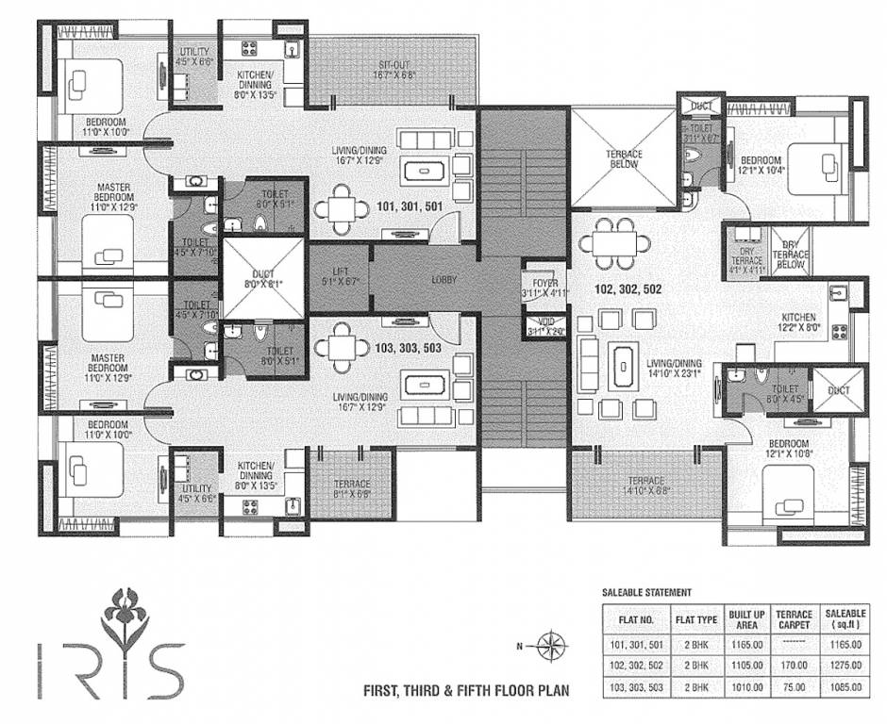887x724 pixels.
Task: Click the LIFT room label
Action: point(339,274)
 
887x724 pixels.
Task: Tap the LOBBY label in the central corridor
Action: point(444,280)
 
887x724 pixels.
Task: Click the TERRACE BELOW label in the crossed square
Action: point(624,158)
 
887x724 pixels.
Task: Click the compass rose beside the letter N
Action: point(549,646)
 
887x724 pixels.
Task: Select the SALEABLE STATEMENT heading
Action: point(646,593)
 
